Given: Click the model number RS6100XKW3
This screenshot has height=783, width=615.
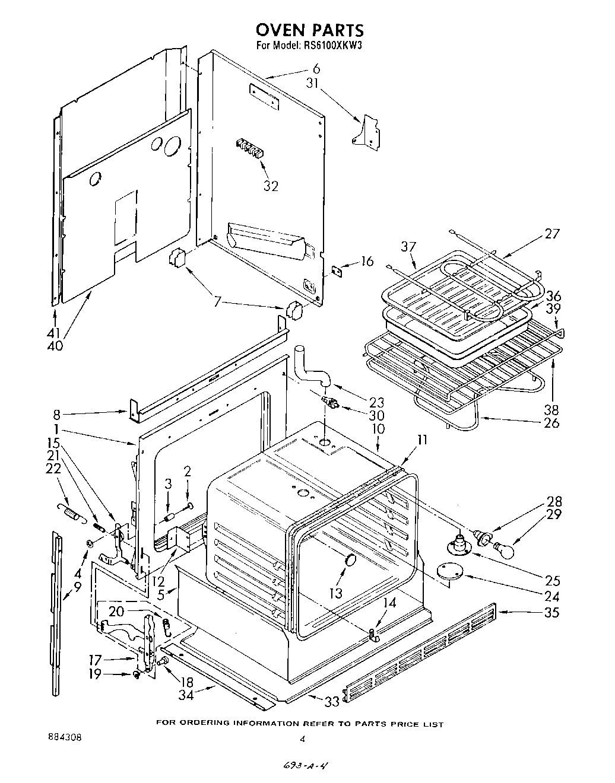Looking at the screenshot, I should tap(329, 45).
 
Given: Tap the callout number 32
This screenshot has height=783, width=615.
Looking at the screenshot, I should tap(271, 186).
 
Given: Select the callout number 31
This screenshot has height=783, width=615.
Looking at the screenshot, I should tap(313, 84).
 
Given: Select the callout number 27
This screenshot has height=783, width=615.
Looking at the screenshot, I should tap(551, 234).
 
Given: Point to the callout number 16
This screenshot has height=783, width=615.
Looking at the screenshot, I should tap(367, 261).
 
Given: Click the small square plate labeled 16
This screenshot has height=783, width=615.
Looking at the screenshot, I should tap(338, 270).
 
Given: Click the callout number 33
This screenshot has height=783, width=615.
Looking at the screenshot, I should tap(331, 702).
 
